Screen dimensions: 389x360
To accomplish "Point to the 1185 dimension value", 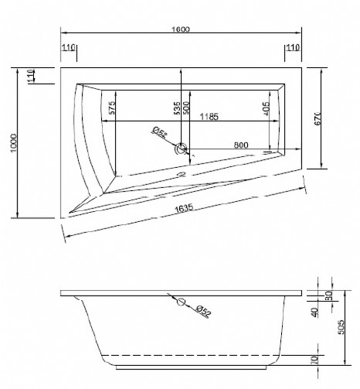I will [207, 117].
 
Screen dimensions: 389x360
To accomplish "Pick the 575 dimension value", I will [112, 109].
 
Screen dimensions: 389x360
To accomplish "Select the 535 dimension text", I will [177, 108].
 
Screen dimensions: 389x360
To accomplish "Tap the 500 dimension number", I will [186, 108].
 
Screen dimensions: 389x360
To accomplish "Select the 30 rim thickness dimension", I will [329, 295].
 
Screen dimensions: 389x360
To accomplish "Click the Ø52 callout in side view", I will [202, 311].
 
